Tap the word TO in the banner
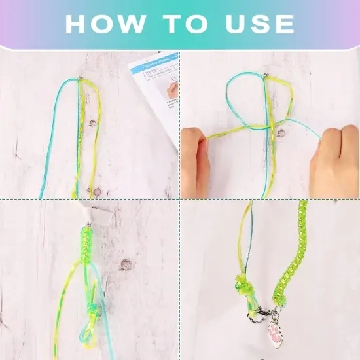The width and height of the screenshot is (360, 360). (186, 24)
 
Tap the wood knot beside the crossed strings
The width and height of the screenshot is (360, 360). (281, 133)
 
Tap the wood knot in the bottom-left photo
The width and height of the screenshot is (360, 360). (125, 264)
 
